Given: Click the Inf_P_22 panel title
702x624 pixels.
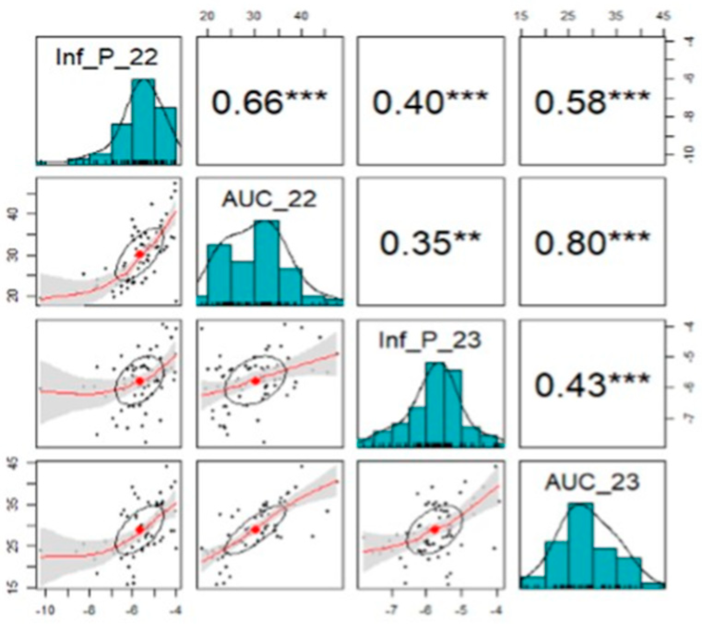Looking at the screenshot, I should coord(107,58).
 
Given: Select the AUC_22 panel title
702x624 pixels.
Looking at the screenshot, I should coord(269,200).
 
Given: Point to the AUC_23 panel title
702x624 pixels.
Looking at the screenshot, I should coord(592,482).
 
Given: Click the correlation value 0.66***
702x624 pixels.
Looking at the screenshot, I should coord(269,101).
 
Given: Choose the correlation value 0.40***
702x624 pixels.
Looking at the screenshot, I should coord(430,101).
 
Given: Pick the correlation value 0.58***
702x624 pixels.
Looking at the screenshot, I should coord(592,101).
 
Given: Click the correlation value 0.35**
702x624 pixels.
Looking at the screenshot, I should coord(430,243).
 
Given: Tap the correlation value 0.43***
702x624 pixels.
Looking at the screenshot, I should coord(592,385).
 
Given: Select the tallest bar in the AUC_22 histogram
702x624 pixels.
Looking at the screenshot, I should coord(267,262).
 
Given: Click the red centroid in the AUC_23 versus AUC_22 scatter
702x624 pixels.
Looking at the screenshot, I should coord(256,529).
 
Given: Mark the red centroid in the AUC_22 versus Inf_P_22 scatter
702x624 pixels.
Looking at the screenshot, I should coord(140,254).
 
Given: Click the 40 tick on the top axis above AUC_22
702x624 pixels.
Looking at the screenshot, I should coord(301,16).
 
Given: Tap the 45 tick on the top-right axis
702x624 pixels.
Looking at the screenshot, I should coord(663,16).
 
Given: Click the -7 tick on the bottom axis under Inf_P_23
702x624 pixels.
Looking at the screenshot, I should coord(392,610).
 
